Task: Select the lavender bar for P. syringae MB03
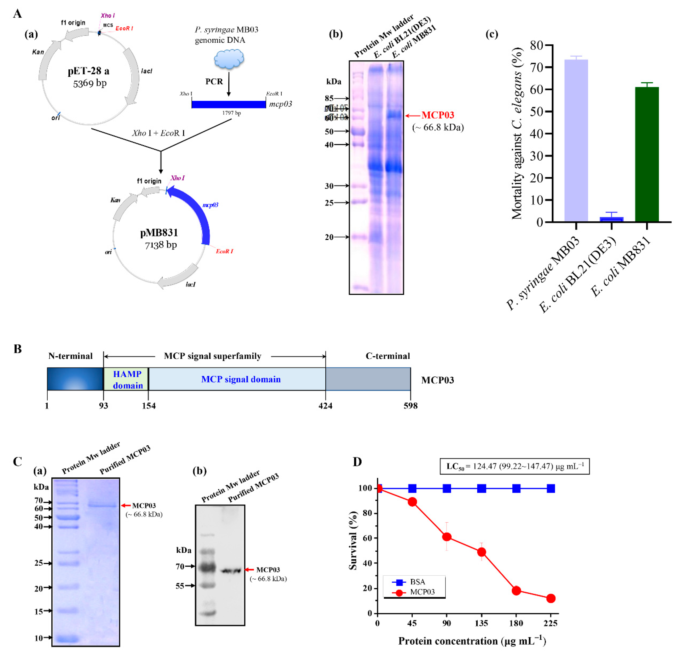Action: click(x=576, y=141)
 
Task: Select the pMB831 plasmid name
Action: click(x=159, y=233)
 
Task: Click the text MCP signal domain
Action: click(x=241, y=379)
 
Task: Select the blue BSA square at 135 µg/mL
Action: click(x=481, y=488)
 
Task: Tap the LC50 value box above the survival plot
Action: click(x=514, y=466)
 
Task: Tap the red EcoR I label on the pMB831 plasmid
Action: click(x=224, y=251)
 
